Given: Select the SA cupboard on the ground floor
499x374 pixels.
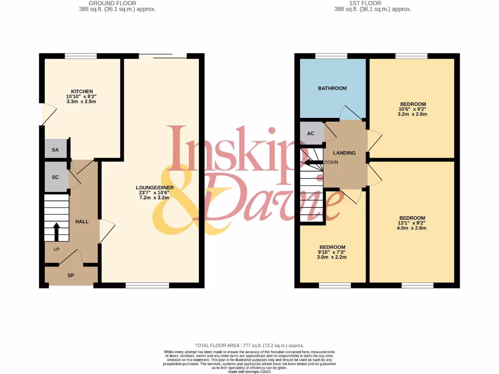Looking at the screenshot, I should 56,150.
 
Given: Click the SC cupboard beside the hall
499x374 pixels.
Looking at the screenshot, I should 56,177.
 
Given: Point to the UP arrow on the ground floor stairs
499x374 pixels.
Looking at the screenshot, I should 56,232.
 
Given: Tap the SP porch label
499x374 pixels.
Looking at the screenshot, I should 71,276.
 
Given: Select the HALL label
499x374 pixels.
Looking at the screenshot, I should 82,222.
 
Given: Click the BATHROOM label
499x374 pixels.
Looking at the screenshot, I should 332,88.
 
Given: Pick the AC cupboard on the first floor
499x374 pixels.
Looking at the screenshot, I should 311,133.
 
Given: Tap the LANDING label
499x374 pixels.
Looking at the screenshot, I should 345,153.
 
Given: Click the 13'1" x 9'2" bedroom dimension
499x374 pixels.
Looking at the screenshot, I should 412,223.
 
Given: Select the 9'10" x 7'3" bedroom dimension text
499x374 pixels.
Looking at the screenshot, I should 332,252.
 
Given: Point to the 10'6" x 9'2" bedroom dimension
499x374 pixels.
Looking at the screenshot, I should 413,110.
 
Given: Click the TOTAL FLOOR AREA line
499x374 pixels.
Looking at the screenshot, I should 249,345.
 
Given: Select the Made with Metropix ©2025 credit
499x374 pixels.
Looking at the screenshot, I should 249,372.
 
